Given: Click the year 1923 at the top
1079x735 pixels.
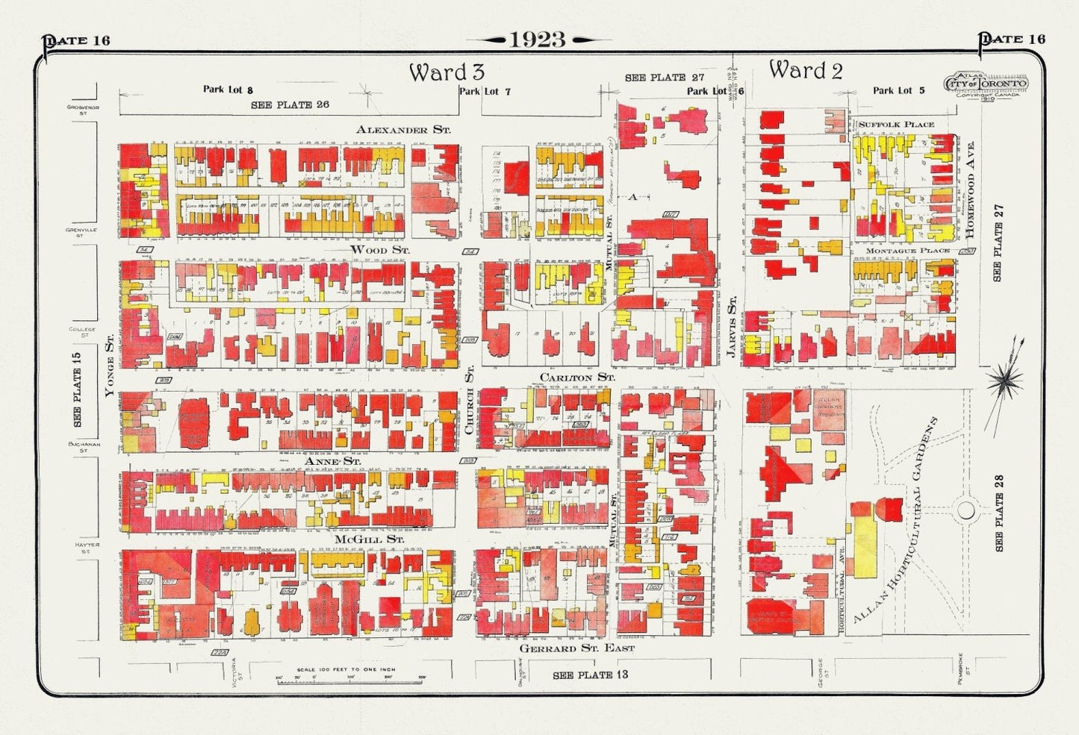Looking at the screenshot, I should (x=537, y=40).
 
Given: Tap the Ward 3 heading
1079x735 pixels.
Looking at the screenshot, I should (x=447, y=72).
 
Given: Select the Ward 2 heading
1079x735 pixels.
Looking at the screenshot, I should (x=806, y=71).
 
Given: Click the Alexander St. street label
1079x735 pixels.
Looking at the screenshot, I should (x=403, y=130).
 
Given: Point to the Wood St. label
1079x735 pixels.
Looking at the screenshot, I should (x=379, y=249).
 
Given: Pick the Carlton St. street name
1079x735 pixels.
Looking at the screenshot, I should (x=577, y=378).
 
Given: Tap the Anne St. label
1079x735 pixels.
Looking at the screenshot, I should (x=333, y=462).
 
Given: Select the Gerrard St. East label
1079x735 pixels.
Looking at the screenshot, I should (x=576, y=648).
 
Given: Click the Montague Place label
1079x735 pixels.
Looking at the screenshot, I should (x=907, y=251).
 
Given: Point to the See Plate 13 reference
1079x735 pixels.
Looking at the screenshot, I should (x=590, y=675).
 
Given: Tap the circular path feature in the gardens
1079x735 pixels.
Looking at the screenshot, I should (x=965, y=511).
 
